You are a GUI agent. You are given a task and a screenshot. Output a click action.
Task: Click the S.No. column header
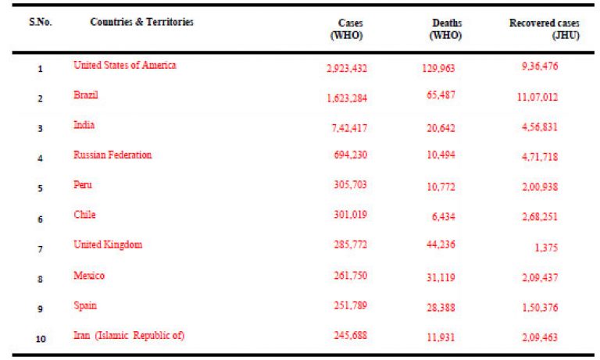[40, 22]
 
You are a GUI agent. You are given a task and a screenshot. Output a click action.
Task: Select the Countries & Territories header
[141, 22]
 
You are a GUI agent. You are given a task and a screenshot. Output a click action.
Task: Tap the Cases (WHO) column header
[347, 29]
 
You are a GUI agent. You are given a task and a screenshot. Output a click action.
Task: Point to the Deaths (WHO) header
[446, 29]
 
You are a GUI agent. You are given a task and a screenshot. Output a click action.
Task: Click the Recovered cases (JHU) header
[544, 29]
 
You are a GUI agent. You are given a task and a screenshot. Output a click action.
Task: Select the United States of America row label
[125, 65]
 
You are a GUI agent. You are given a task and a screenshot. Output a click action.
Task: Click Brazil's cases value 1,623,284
[347, 98]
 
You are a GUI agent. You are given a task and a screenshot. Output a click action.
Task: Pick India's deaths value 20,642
[441, 128]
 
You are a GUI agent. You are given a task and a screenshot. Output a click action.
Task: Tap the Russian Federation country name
[112, 155]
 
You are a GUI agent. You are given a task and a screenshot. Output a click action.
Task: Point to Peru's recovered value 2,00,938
[540, 187]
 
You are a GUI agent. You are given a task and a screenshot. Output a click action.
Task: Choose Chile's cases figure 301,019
[350, 214]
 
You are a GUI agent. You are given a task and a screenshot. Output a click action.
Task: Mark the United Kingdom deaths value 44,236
[441, 244]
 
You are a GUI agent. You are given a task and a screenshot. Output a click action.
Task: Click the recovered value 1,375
[546, 248]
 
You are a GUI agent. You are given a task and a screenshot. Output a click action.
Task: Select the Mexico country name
[89, 276]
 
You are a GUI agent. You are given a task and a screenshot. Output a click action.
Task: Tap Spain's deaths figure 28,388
[441, 308]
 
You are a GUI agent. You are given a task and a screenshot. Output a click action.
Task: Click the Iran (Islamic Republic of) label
[129, 336]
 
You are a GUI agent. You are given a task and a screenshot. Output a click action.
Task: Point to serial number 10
[41, 339]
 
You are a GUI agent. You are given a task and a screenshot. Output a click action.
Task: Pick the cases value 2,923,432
[347, 68]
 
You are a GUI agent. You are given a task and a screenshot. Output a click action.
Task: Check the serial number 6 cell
[40, 219]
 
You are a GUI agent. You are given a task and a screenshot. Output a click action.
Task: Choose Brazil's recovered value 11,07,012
[537, 97]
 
